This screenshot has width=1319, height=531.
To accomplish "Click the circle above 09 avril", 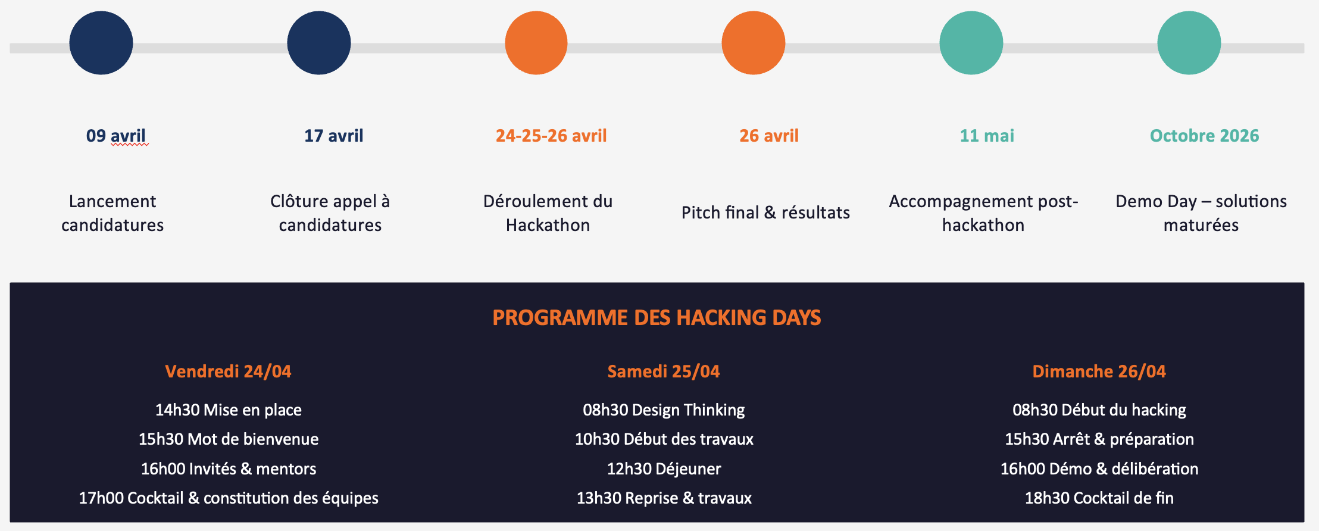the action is click(x=101, y=43).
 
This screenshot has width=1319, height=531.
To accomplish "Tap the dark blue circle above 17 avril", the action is click(x=319, y=43).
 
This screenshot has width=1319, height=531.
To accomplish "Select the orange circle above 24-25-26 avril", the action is click(x=536, y=43).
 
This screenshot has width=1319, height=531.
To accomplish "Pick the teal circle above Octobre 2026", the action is click(x=1189, y=43).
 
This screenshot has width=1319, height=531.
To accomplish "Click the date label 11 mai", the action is click(x=987, y=136).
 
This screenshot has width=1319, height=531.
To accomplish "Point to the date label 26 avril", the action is click(x=769, y=136).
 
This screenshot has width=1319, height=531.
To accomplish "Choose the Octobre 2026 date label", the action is click(x=1204, y=136).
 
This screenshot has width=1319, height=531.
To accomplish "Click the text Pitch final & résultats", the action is click(x=765, y=213).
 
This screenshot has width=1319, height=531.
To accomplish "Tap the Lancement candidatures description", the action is click(x=112, y=213).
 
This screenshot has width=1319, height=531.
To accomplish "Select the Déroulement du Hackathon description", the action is click(x=548, y=213).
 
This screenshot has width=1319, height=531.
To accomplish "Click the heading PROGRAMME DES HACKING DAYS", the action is click(x=657, y=318).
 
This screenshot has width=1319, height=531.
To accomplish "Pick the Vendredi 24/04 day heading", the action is click(x=228, y=371).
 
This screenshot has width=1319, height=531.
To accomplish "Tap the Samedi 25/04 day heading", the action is click(x=664, y=371).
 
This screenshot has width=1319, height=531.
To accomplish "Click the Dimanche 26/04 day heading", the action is click(x=1099, y=371).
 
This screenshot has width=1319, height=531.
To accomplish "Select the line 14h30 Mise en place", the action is click(x=229, y=410).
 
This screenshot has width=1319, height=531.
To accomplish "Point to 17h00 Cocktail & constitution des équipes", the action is click(x=229, y=498).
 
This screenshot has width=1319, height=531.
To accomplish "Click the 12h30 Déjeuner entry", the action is click(x=664, y=469).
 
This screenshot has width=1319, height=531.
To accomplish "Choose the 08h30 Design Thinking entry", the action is click(x=664, y=410).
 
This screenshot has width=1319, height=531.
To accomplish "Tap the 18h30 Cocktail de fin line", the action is click(x=1099, y=498).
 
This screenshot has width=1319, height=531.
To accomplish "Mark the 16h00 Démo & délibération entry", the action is click(x=1099, y=469).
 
